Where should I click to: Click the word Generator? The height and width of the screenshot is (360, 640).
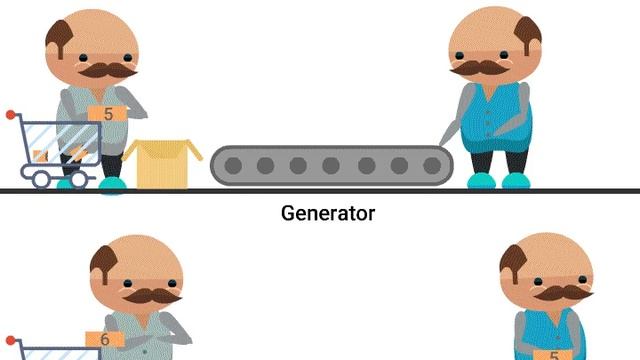[x=327, y=213]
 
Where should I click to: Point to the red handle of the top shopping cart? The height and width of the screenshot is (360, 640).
[x=11, y=118]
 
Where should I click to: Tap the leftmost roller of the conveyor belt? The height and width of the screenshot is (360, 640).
[x=231, y=165]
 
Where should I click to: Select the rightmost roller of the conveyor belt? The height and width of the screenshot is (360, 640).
[x=431, y=165]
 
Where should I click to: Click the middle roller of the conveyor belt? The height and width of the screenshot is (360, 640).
[x=331, y=165]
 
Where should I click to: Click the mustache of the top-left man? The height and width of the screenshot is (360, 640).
[x=104, y=71]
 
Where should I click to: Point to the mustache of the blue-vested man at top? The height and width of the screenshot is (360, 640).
[x=482, y=68]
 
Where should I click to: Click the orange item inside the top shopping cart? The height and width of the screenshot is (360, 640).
[x=74, y=153]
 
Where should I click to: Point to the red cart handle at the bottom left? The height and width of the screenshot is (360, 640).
[x=12, y=343]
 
